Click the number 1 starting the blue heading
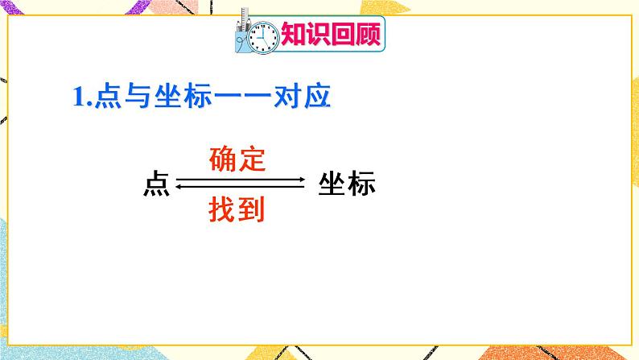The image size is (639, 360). click(x=77, y=98)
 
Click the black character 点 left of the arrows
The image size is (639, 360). click(x=155, y=184)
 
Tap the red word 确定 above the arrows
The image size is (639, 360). click(x=237, y=159)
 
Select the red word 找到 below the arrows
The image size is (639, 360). click(x=238, y=210)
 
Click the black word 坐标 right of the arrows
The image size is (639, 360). click(x=347, y=184)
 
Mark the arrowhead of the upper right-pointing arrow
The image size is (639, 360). click(x=302, y=180)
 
